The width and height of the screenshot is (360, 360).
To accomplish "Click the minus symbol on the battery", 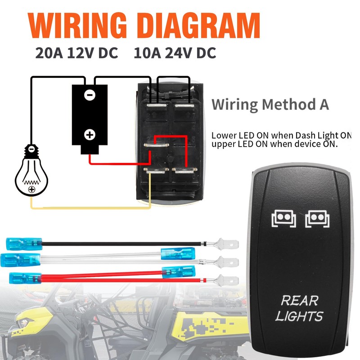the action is tap(90, 95).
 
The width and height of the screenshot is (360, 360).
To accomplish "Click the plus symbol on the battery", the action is tap(90, 134).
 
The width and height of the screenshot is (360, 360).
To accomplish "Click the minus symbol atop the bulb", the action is tap(31, 148).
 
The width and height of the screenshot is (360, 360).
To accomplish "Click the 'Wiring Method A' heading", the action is tap(270, 105).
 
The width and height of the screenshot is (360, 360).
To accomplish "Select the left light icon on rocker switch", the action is tap(282, 218).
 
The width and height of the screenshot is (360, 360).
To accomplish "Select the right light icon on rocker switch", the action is tap(317, 218).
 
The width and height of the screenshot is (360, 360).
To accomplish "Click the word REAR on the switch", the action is tap(299, 300).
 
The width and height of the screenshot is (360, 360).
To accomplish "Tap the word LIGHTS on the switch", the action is tap(299, 316).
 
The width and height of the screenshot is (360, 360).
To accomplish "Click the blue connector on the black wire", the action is tap(24, 245).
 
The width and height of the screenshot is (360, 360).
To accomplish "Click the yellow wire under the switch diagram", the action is tap(90, 208).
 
